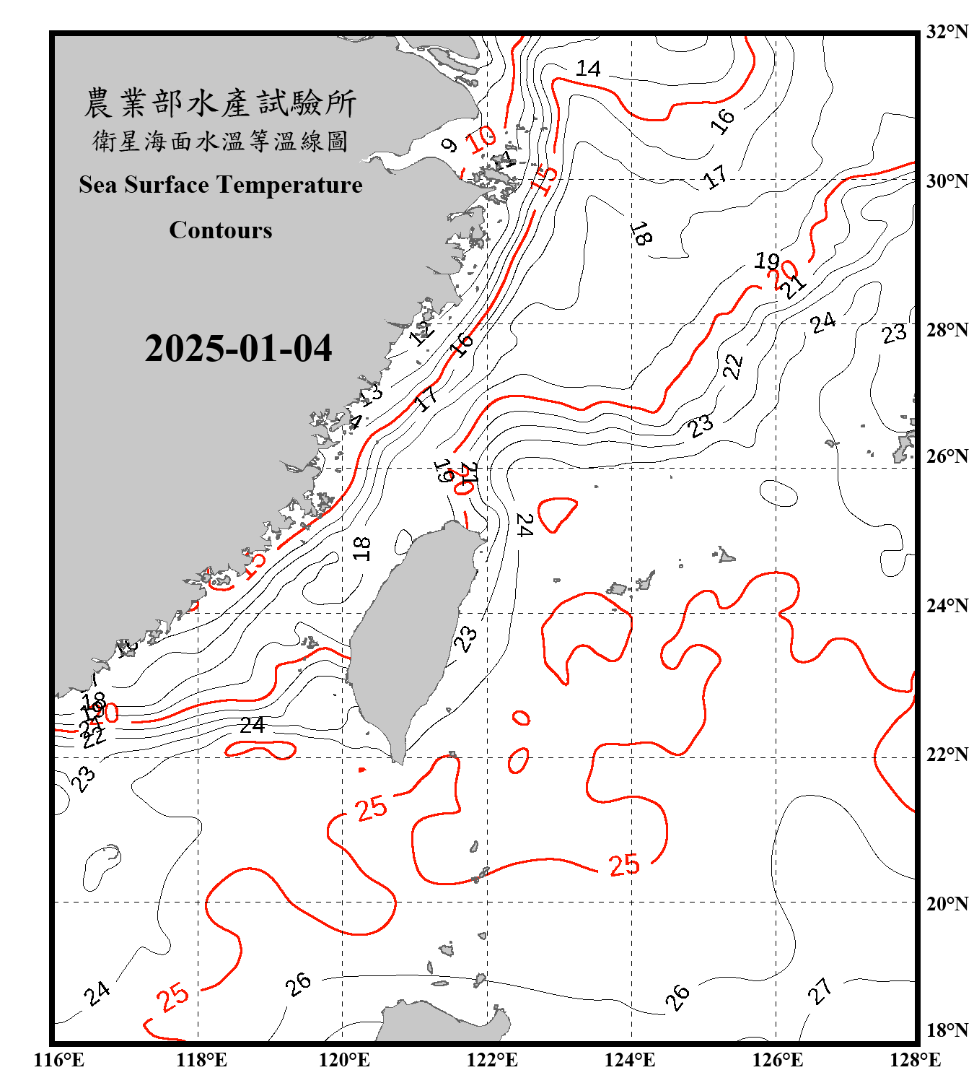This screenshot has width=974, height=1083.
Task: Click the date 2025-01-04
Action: pos(238,348)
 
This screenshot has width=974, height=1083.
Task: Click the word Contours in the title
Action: pos(221,230)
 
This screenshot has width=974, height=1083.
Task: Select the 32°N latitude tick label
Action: pos(947,32)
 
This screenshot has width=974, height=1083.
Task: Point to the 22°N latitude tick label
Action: pos(947,754)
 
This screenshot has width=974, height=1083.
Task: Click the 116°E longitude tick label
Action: pos(59,1060)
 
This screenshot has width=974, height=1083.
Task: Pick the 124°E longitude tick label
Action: pos(630,1060)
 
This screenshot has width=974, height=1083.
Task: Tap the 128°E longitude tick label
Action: pos(915,1060)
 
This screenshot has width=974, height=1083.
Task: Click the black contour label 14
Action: pos(588,69)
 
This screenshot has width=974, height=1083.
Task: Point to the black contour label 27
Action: pos(820,991)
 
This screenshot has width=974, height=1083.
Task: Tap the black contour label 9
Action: pos(449,145)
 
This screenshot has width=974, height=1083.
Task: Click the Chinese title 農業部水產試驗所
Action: pos(220,103)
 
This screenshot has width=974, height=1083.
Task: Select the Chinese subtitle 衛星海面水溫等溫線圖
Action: pos(220,141)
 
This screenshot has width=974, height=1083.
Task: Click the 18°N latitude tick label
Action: pos(947,1030)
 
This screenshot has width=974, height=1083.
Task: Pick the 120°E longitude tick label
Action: pos(344,1060)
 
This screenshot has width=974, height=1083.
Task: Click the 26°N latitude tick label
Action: pos(947,456)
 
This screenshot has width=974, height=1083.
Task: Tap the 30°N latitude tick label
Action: pos(947,181)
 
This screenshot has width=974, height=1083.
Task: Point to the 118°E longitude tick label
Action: pos(201,1060)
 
